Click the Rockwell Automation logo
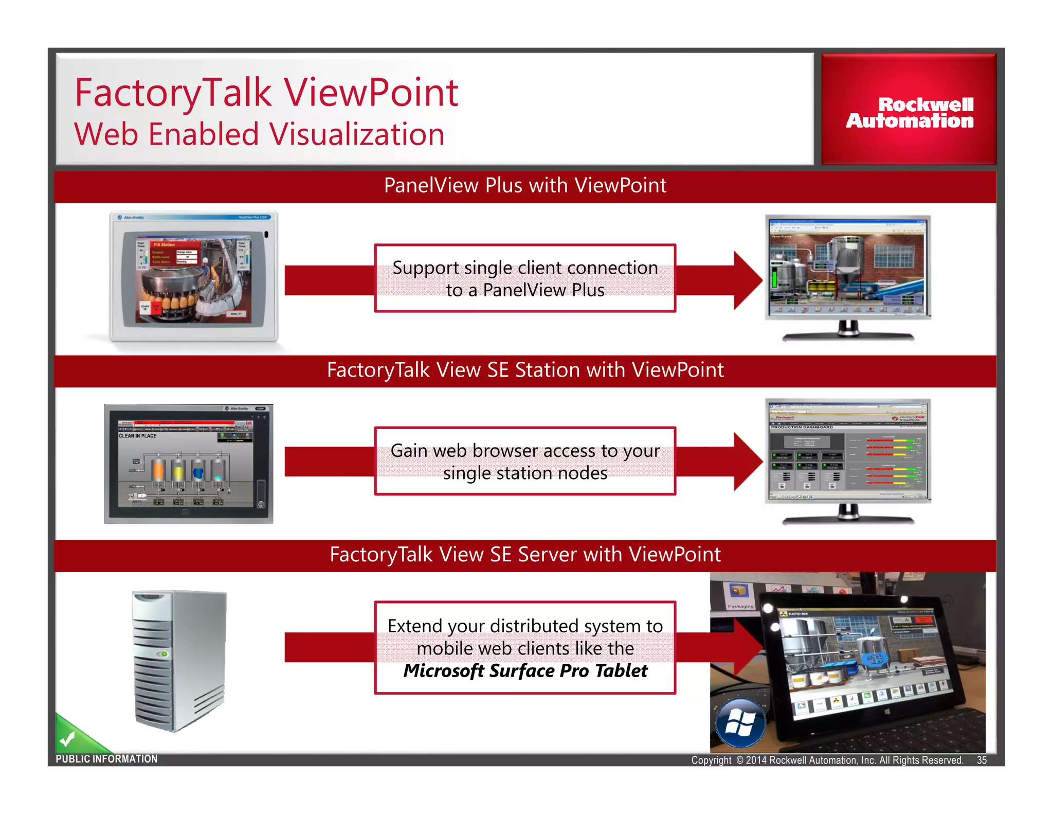coord(909,112)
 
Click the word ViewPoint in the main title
coord(371,93)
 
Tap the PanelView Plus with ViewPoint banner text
coord(524,185)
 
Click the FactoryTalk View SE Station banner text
coord(524,370)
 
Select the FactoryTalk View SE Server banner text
coord(524,555)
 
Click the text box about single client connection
coord(524,278)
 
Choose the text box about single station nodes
coord(524,461)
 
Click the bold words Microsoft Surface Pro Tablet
coord(525,671)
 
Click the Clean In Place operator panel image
coord(188,464)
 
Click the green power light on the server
coord(165,654)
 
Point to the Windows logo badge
coord(740,722)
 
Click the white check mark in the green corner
coord(67,739)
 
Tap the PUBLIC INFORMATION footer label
coord(106,759)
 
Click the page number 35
coord(982,760)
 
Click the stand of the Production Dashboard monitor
coord(848,515)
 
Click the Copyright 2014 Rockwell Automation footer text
coord(827,760)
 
